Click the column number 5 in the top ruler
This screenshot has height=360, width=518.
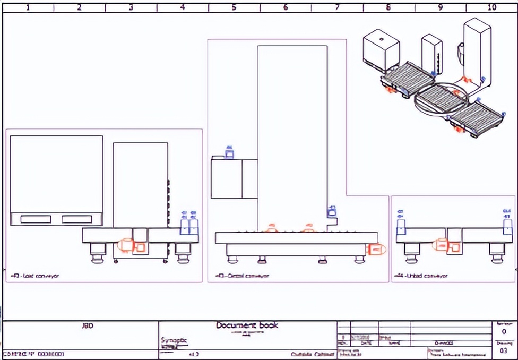[x=234, y=7]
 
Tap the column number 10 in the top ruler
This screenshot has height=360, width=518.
[x=491, y=7]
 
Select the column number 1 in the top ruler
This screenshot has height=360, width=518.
[x=28, y=7]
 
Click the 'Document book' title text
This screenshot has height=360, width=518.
[x=247, y=325]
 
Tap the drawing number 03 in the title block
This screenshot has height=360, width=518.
[x=503, y=350]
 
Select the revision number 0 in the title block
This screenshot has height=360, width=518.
[x=503, y=331]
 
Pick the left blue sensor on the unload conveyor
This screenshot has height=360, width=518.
[x=401, y=226]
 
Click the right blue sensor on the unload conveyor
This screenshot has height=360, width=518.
[x=507, y=226]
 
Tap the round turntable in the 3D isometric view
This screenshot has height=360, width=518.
[x=440, y=98]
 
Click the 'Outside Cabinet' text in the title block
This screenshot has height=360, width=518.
[x=312, y=354]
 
